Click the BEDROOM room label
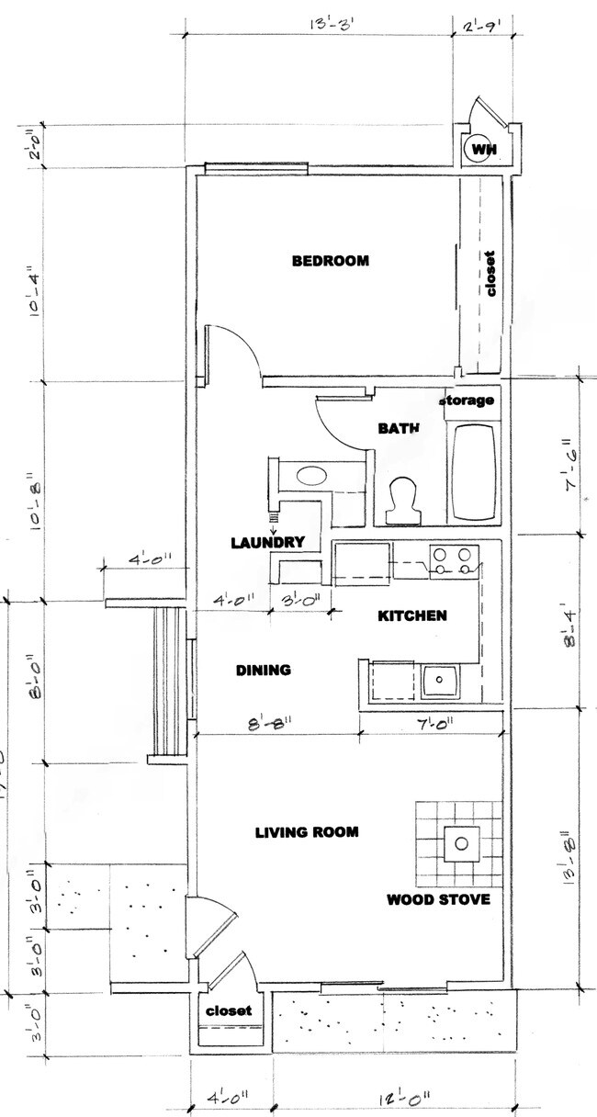330,261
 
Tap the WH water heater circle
479,148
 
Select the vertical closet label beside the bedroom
490,274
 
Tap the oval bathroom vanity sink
311,476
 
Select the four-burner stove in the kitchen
455,561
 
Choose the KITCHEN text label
412,615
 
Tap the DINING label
263,671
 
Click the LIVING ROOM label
306,832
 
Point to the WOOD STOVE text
437,899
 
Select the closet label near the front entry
228,1010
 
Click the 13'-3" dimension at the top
319,19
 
